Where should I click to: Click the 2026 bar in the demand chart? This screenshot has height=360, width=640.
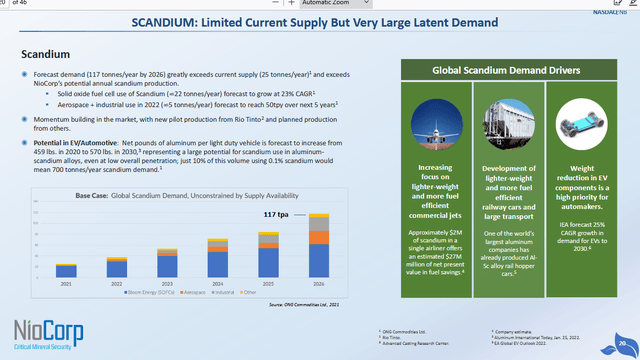coord(317,247)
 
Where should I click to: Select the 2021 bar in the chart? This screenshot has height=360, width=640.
coord(67,270)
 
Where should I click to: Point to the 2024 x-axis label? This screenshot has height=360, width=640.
coord(217,283)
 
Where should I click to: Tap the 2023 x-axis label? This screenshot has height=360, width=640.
coord(167,283)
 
